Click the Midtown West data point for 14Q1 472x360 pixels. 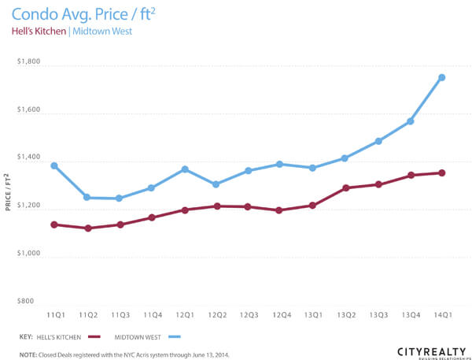click(x=442, y=77)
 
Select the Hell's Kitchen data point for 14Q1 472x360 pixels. click(x=442, y=173)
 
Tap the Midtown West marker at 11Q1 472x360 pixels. click(x=54, y=165)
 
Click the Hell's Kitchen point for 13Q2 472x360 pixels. click(x=345, y=188)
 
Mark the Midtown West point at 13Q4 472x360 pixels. click(x=410, y=121)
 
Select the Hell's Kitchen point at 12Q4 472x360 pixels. click(x=281, y=210)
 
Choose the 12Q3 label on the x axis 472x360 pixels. click(x=249, y=314)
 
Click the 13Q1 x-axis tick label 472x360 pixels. click(x=313, y=314)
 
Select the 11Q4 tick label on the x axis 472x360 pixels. click(x=152, y=314)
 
